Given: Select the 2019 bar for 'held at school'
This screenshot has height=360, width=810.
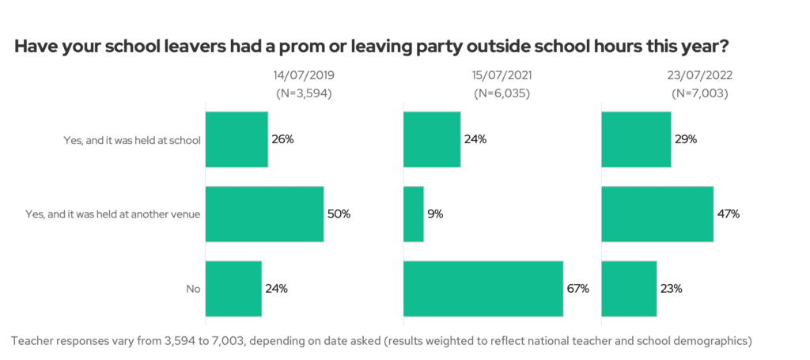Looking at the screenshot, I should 237,139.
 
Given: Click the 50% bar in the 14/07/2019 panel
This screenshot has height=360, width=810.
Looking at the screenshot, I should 264,214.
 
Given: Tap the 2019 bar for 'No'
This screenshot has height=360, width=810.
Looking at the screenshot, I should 233,289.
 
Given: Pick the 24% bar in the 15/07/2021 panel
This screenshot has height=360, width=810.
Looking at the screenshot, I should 432,139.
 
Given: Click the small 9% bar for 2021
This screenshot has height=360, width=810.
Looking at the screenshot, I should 413,214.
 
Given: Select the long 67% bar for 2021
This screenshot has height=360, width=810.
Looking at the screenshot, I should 483,289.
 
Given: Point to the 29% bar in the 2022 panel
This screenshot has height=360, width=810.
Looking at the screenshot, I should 636,139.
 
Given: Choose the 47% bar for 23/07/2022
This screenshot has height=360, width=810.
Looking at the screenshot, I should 657,214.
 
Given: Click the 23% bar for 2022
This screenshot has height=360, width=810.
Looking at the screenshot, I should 629,289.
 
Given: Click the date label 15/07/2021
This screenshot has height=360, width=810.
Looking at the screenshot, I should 502,77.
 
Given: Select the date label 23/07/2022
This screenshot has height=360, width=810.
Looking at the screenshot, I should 700,77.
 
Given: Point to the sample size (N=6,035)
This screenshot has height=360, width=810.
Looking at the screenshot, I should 502,93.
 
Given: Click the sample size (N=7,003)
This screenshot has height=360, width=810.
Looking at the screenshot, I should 700,93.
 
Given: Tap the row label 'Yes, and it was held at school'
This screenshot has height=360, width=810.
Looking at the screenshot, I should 132,140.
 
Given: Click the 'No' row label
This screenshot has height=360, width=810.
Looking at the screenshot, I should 193,290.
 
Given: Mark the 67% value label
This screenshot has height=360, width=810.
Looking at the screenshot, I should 578,289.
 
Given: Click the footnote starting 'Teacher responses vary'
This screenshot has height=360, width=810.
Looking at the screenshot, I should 380,341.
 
